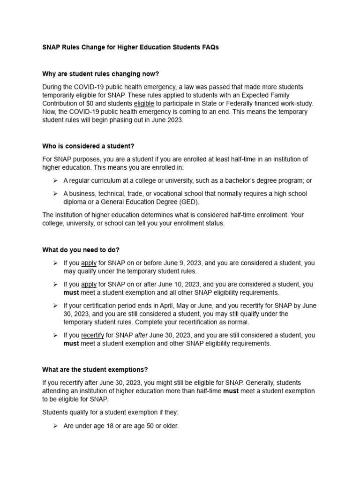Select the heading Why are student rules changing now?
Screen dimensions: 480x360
pos(101,74)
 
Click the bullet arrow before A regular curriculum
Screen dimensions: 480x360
pos(54,180)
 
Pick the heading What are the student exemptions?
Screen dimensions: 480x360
pos(95,369)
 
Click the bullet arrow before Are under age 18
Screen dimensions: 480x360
pos(54,426)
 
